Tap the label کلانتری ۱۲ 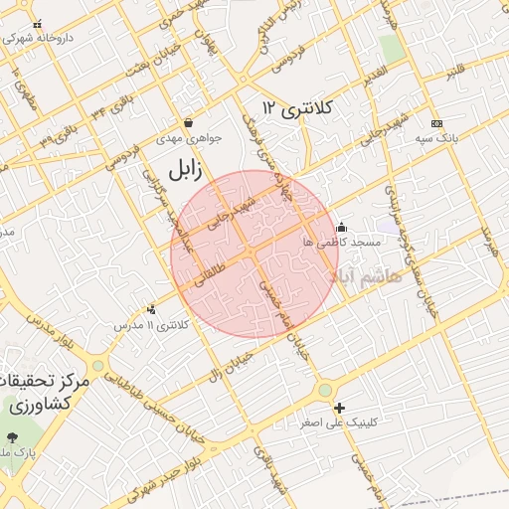(296, 106)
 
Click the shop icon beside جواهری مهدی (189, 123)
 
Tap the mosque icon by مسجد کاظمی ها (342, 227)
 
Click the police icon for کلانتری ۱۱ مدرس (151, 309)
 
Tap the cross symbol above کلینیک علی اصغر (340, 408)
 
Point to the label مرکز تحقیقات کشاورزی (47, 394)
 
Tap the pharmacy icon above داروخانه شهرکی (38, 25)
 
